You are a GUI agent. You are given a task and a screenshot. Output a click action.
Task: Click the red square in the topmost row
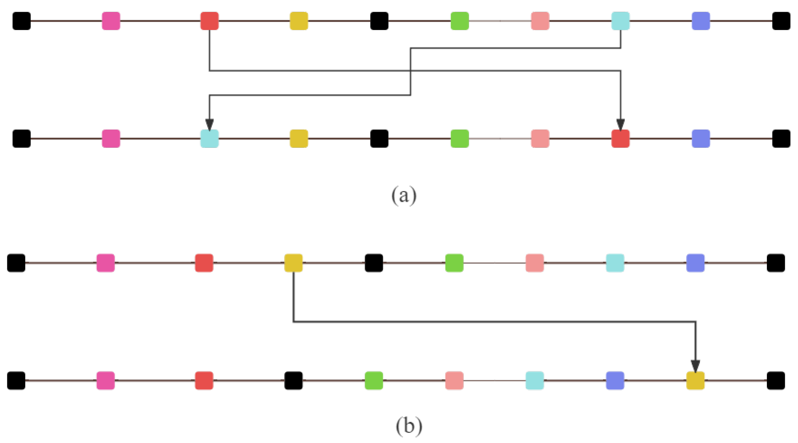pyautogui.click(x=209, y=21)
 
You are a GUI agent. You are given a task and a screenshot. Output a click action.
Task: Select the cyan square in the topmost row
pyautogui.click(x=620, y=21)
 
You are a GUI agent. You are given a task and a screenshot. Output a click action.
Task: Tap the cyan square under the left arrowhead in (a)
pyautogui.click(x=209, y=138)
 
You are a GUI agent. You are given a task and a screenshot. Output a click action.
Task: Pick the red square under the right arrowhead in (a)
pyautogui.click(x=620, y=138)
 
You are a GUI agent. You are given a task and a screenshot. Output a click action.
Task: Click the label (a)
pyautogui.click(x=404, y=195)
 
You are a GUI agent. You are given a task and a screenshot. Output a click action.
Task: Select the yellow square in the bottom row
pyautogui.click(x=695, y=380)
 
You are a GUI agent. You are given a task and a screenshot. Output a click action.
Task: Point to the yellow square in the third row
pyautogui.click(x=294, y=263)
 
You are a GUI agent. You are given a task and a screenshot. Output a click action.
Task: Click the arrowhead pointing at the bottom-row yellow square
pyautogui.click(x=695, y=366)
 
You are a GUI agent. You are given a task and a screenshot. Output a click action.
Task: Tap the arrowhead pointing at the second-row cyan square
pyautogui.click(x=209, y=124)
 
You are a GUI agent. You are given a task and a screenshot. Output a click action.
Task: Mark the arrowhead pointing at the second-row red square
pyautogui.click(x=620, y=124)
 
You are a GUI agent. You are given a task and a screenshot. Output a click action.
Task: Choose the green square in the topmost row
pyautogui.click(x=460, y=21)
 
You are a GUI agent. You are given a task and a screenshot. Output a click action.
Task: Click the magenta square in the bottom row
pyautogui.click(x=105, y=380)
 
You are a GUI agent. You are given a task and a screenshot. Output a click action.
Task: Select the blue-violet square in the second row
pyautogui.click(x=701, y=138)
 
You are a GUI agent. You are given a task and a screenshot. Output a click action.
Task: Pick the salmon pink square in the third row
pyautogui.click(x=534, y=263)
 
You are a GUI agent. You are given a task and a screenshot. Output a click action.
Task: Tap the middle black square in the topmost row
pyautogui.click(x=379, y=21)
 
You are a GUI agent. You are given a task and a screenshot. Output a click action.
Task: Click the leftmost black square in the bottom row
pyautogui.click(x=16, y=380)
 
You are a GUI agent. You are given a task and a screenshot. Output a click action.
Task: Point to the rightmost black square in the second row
pyautogui.click(x=781, y=138)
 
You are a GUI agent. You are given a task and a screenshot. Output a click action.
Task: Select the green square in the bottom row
pyautogui.click(x=374, y=380)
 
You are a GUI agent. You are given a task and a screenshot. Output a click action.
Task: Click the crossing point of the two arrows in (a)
pyautogui.click(x=411, y=71)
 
